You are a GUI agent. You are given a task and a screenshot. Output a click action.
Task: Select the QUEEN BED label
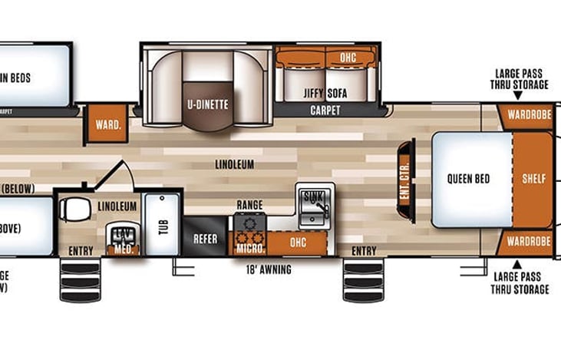click(x=469, y=179)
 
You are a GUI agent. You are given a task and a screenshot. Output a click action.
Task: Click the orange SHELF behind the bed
click(x=533, y=179)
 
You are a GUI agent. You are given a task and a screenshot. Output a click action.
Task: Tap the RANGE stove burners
click(x=249, y=223)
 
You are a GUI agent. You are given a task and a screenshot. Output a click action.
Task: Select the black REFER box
click(x=205, y=239)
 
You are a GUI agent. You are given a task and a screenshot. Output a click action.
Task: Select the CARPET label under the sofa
click(x=325, y=111)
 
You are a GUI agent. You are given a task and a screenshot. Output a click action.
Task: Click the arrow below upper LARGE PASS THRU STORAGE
click(x=519, y=95)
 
